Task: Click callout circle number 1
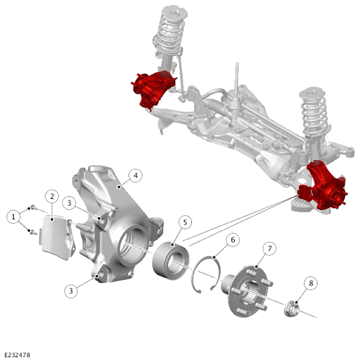point(13,217)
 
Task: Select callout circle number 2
point(52,197)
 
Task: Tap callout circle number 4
point(135,176)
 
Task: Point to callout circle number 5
point(185,223)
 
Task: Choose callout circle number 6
point(232,240)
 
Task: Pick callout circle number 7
point(269,249)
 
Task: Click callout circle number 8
point(311,283)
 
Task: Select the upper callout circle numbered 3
point(69,203)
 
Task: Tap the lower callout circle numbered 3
point(71,291)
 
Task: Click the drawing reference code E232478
point(17,355)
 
